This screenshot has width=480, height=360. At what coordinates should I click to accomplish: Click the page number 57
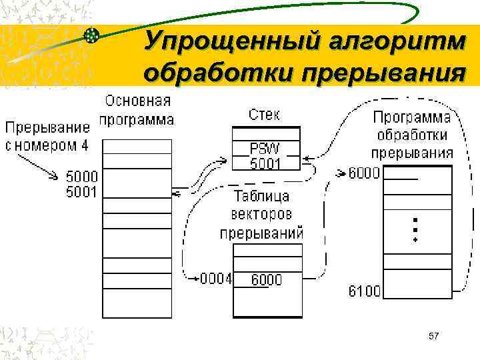point(433,336)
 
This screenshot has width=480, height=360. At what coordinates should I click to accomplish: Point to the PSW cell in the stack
point(265,148)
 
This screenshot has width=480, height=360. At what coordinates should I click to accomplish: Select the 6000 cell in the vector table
point(266,280)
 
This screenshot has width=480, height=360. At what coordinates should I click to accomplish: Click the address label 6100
point(365,291)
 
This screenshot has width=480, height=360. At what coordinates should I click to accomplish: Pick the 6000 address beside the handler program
point(365,173)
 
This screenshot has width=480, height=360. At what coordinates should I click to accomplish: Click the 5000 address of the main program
point(82,177)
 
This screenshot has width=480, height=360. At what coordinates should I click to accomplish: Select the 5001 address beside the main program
point(82,192)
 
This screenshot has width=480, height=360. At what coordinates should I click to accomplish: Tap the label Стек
point(265,115)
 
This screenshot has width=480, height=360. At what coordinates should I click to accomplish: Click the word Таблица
point(262,197)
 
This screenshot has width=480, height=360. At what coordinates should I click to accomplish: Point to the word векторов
point(262,215)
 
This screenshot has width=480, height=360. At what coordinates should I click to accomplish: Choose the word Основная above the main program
point(137,102)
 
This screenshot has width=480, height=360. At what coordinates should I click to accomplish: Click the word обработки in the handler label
point(411,135)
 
